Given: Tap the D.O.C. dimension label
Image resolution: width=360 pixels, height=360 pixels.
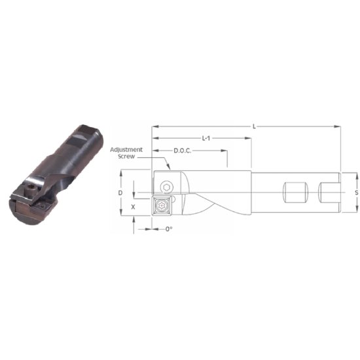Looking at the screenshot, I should coord(183,151).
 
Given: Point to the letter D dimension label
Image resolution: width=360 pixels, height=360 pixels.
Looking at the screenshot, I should coord(120,193).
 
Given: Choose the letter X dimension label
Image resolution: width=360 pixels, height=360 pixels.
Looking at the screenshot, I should coord(134,206).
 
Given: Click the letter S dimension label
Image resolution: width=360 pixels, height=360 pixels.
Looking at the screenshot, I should coord(355,193).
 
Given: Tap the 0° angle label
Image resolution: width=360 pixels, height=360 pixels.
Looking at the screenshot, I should coord(168,229).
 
